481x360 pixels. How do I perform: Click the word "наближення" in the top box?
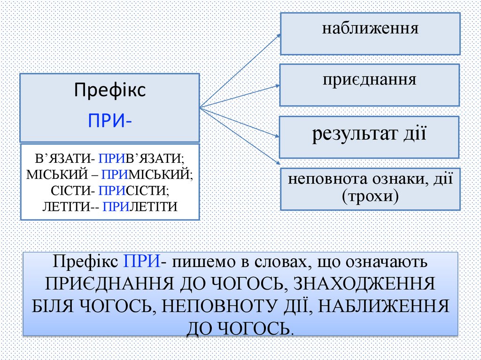coord(370,29)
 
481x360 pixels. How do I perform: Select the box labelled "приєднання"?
coord(370,85)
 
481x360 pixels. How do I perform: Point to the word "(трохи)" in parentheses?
coord(370,196)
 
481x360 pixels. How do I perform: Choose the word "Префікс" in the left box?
coord(110,90)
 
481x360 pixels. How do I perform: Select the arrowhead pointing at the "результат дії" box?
coord(277,137)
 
